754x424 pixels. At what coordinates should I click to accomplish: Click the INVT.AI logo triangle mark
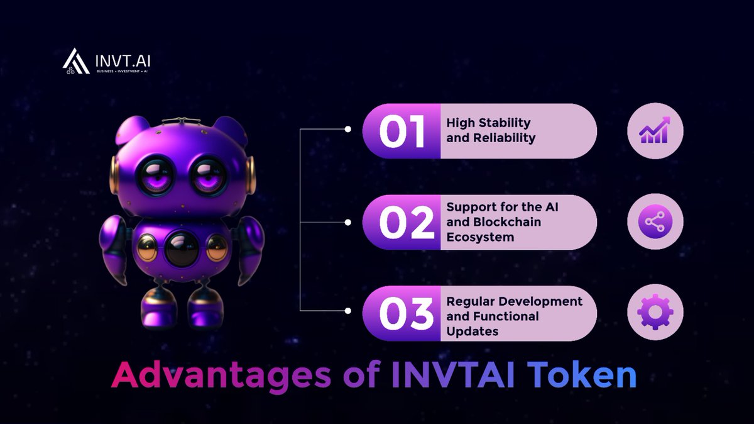click(75, 60)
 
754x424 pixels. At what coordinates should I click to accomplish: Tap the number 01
click(402, 131)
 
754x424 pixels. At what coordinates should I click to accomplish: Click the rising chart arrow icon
click(655, 130)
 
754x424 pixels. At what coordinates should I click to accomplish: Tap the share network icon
click(655, 221)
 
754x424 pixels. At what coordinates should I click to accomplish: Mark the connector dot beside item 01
click(347, 130)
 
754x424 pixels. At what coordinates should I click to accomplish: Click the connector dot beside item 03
click(347, 311)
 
